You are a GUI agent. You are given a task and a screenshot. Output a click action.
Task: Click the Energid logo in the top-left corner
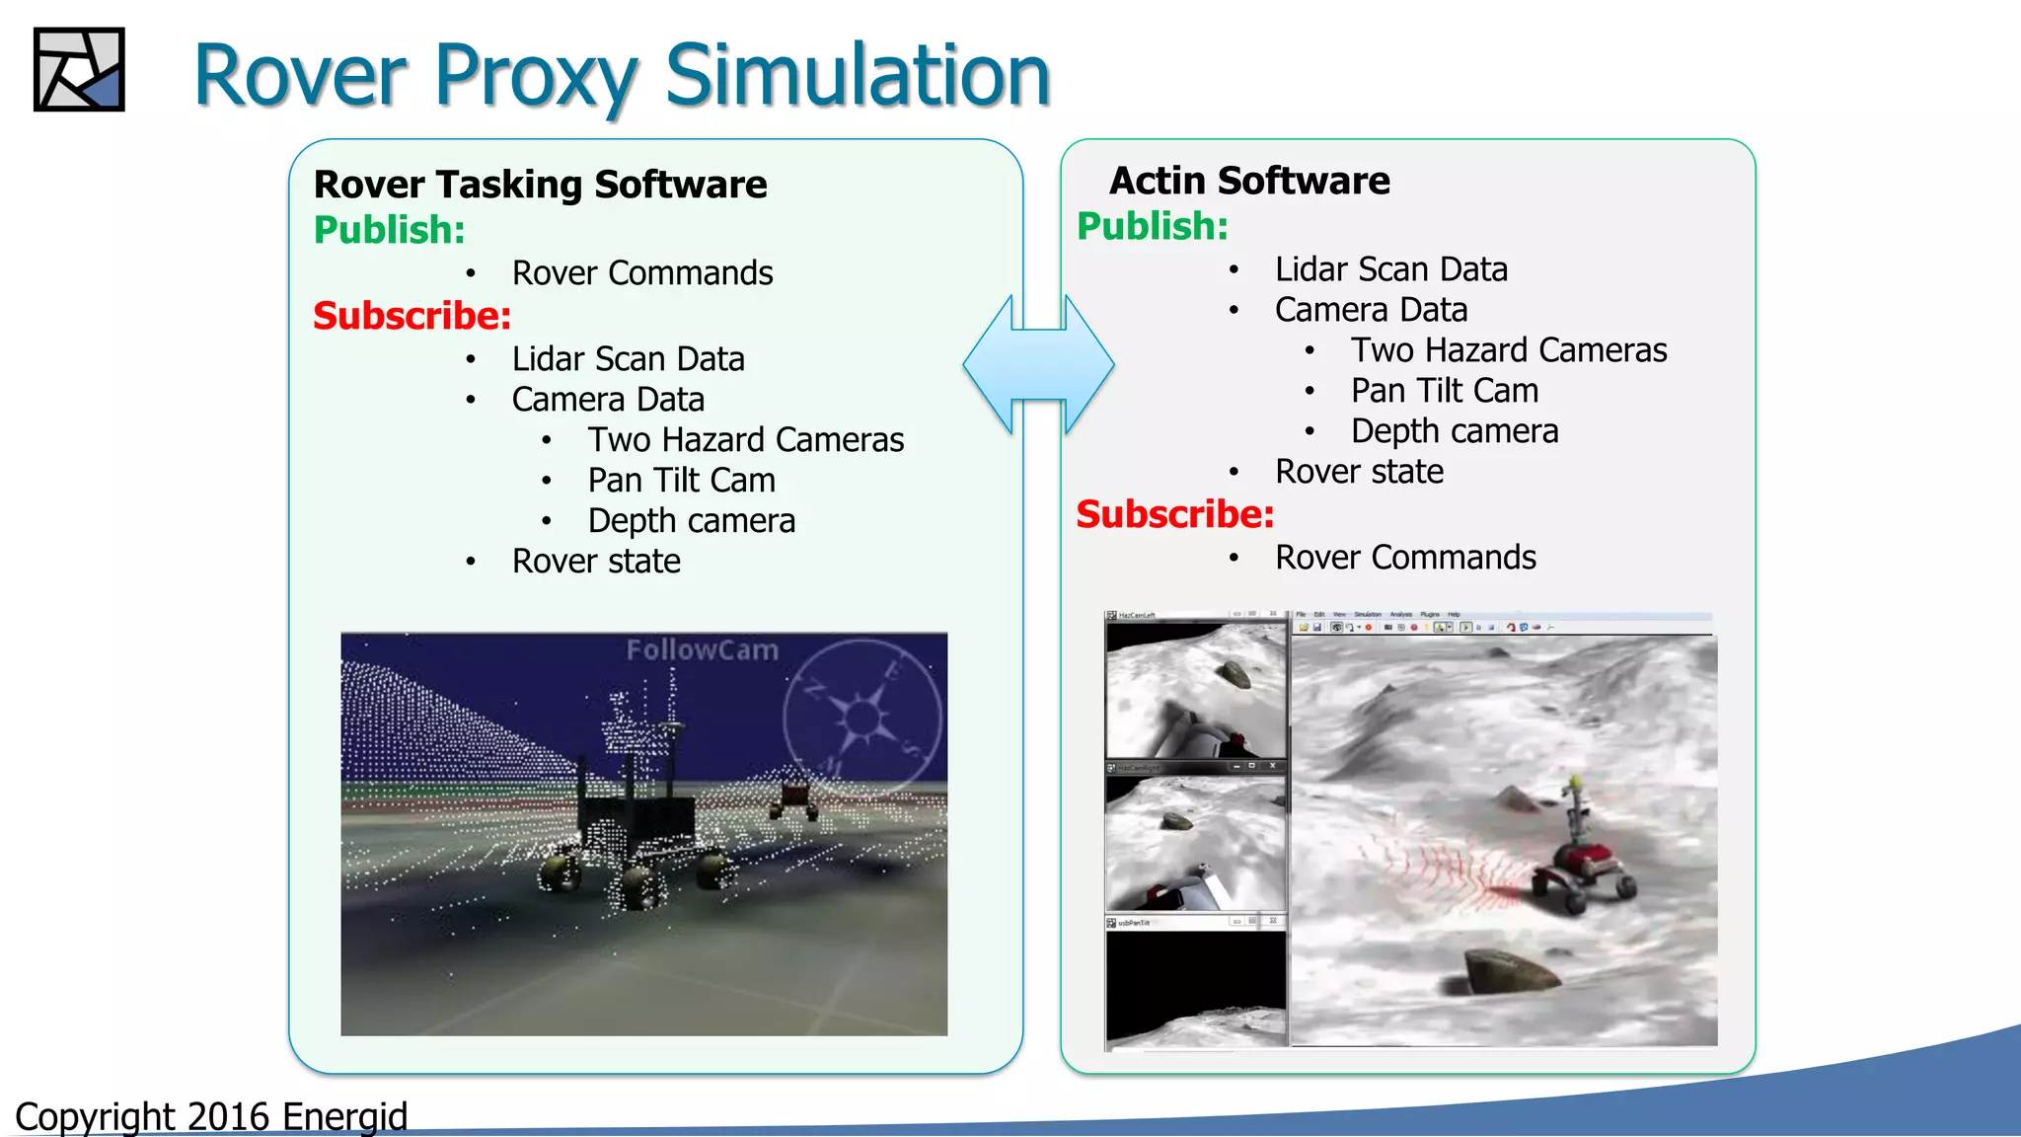(79, 69)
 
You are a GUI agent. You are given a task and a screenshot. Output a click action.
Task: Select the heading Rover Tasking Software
(540, 185)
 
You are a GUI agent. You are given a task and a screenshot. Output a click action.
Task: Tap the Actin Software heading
(1249, 181)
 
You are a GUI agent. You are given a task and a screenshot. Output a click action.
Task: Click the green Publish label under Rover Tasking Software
(389, 230)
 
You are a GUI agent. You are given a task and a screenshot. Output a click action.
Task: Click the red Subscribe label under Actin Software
(1174, 514)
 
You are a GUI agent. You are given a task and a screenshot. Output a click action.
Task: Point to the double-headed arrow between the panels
(1039, 365)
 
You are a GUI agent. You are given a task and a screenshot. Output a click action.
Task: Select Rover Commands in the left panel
(641, 273)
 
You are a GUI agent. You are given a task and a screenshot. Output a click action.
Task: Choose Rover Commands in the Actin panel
(1405, 558)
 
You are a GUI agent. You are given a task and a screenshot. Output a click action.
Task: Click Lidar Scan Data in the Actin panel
(1390, 269)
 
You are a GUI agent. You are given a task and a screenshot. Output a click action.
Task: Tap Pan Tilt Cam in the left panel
(681, 481)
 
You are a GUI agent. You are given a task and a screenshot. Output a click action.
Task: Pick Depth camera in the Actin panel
(1454, 431)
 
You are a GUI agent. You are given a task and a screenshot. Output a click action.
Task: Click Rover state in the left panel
(596, 562)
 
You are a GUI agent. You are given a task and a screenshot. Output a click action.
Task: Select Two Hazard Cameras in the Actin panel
(1508, 350)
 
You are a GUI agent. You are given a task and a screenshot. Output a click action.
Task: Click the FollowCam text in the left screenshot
(702, 650)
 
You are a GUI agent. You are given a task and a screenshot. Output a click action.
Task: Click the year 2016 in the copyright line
(228, 1117)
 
